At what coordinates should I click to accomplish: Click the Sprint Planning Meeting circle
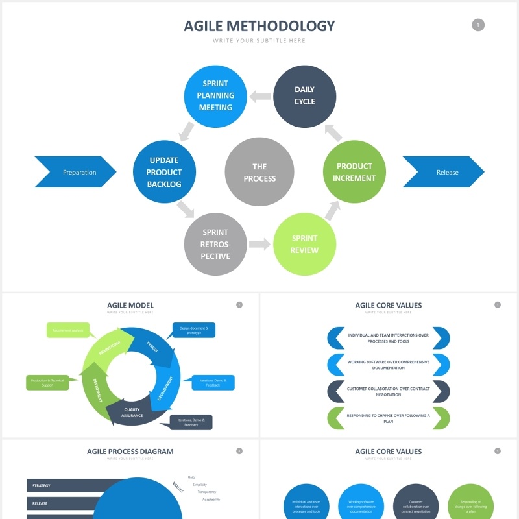(215, 95)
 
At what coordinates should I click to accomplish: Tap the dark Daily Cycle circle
(304, 96)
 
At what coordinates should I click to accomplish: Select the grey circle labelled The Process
(259, 173)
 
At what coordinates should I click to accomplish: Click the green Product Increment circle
(355, 172)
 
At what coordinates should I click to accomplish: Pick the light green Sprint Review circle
(304, 244)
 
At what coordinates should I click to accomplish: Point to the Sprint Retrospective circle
(215, 244)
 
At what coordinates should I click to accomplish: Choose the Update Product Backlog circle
(163, 172)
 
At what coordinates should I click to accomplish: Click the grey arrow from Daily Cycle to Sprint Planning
(260, 97)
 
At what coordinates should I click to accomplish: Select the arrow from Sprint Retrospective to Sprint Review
(259, 245)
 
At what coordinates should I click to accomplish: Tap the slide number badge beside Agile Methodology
(478, 25)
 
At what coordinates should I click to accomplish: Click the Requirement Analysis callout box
(68, 330)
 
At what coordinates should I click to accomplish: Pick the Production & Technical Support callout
(47, 383)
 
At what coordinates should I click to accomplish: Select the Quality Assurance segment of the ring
(132, 413)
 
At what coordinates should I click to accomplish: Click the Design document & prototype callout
(194, 330)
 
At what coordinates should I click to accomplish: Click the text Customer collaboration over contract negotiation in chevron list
(388, 391)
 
